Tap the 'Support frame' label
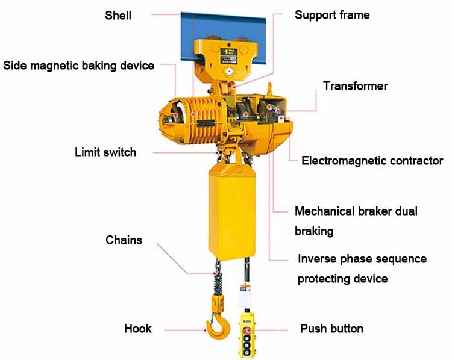click(332, 14)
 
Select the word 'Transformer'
click(355, 86)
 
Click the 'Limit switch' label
click(105, 152)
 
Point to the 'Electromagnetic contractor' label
click(372, 161)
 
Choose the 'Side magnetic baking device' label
click(79, 65)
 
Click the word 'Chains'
click(124, 240)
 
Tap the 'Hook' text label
click(138, 329)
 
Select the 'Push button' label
click(331, 329)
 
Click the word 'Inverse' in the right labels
click(318, 259)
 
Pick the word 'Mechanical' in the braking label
click(324, 211)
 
